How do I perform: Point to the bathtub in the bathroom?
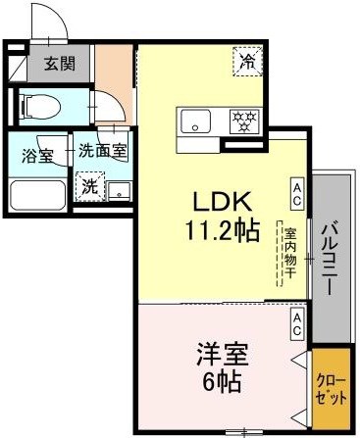tap(39, 193)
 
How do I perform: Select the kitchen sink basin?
tap(195, 122)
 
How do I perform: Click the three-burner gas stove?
tap(242, 121)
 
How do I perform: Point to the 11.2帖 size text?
tap(225, 233)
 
